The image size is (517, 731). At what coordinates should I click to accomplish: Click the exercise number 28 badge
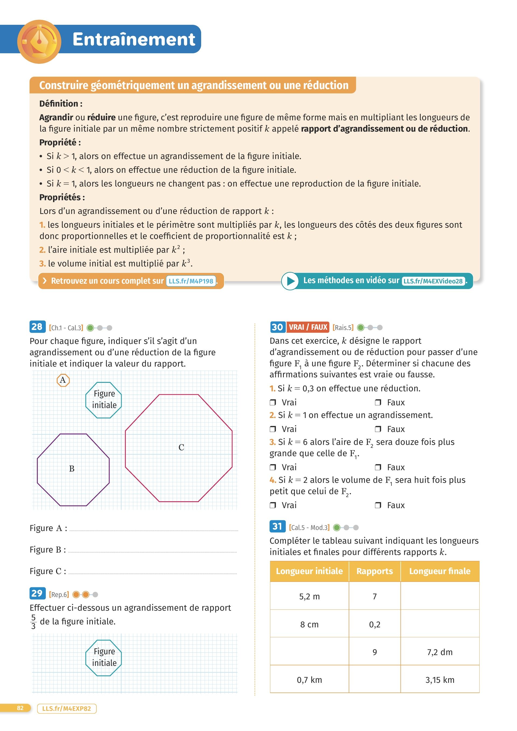tap(37, 327)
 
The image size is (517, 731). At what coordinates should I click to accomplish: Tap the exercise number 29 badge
tap(37, 593)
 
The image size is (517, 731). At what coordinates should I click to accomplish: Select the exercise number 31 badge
tap(277, 527)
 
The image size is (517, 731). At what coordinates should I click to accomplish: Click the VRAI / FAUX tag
tap(308, 327)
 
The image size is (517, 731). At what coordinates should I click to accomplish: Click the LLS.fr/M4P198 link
tap(191, 281)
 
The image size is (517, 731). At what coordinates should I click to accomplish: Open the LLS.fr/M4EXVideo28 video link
tap(433, 281)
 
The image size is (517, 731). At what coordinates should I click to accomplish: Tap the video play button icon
tap(290, 281)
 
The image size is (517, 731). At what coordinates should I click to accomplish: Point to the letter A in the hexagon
tap(63, 380)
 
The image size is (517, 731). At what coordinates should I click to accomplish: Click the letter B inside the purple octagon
tap(72, 469)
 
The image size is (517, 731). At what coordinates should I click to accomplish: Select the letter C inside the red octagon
tap(181, 447)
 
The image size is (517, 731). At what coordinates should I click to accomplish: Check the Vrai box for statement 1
tap(273, 402)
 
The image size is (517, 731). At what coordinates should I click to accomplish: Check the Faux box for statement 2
tap(378, 429)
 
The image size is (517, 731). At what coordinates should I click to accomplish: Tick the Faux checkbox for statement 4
tap(378, 505)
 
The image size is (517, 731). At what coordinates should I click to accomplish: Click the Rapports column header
tap(374, 571)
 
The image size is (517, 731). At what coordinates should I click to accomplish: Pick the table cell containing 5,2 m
tap(309, 596)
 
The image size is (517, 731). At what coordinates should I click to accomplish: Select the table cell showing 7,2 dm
tap(440, 652)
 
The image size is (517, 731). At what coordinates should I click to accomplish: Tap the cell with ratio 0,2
tap(374, 624)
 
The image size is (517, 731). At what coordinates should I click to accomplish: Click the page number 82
tap(20, 708)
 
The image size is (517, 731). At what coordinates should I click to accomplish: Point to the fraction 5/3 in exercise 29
tap(33, 621)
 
